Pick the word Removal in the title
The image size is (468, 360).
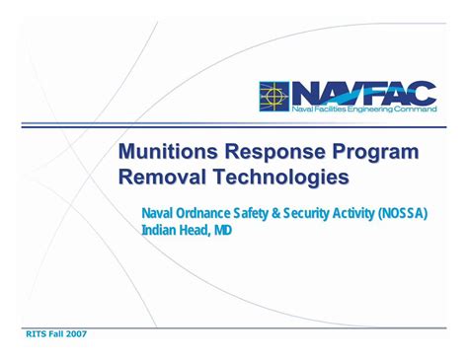(x=162, y=179)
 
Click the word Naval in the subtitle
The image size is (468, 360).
(x=158, y=213)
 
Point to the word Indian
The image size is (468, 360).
(x=159, y=231)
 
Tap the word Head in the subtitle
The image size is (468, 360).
(x=196, y=231)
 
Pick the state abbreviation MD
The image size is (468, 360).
(x=225, y=231)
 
